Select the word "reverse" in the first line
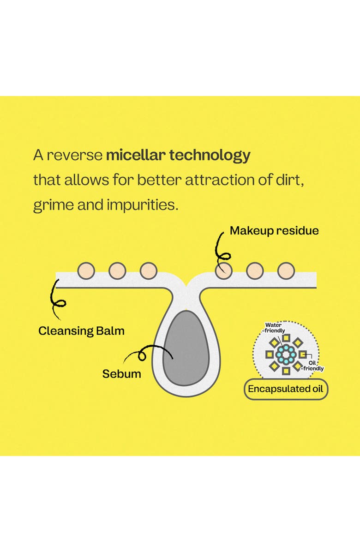[x=74, y=155]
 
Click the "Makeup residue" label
[x=274, y=231]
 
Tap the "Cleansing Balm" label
[x=81, y=331]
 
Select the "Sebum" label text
[x=121, y=373]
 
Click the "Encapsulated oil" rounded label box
[x=286, y=390]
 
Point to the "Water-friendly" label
[x=274, y=328]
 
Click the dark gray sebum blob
[x=186, y=348]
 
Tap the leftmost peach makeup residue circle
[x=86, y=271]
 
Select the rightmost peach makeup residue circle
[x=286, y=271]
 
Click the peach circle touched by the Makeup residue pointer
[x=224, y=271]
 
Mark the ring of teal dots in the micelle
[x=286, y=354]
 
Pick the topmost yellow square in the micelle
[x=286, y=338]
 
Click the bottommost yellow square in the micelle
[x=286, y=371]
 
